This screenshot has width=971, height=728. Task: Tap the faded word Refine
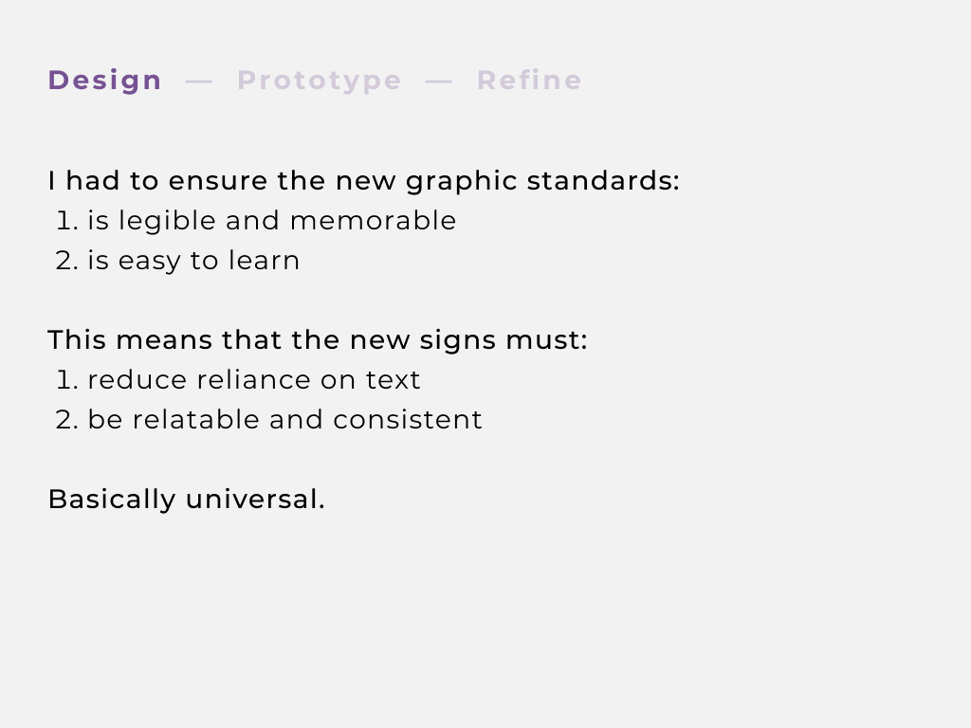[529, 81]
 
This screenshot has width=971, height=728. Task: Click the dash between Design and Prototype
[199, 82]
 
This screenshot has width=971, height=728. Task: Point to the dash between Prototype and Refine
[438, 82]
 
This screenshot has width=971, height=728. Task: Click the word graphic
[462, 181]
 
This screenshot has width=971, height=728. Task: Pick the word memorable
[373, 221]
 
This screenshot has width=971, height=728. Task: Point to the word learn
[264, 261]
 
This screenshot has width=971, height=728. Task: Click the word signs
[458, 341]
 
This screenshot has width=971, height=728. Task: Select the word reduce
[137, 380]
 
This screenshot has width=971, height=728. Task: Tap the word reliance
[254, 380]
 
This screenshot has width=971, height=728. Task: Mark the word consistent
[408, 420]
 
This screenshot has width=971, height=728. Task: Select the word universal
[255, 500]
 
